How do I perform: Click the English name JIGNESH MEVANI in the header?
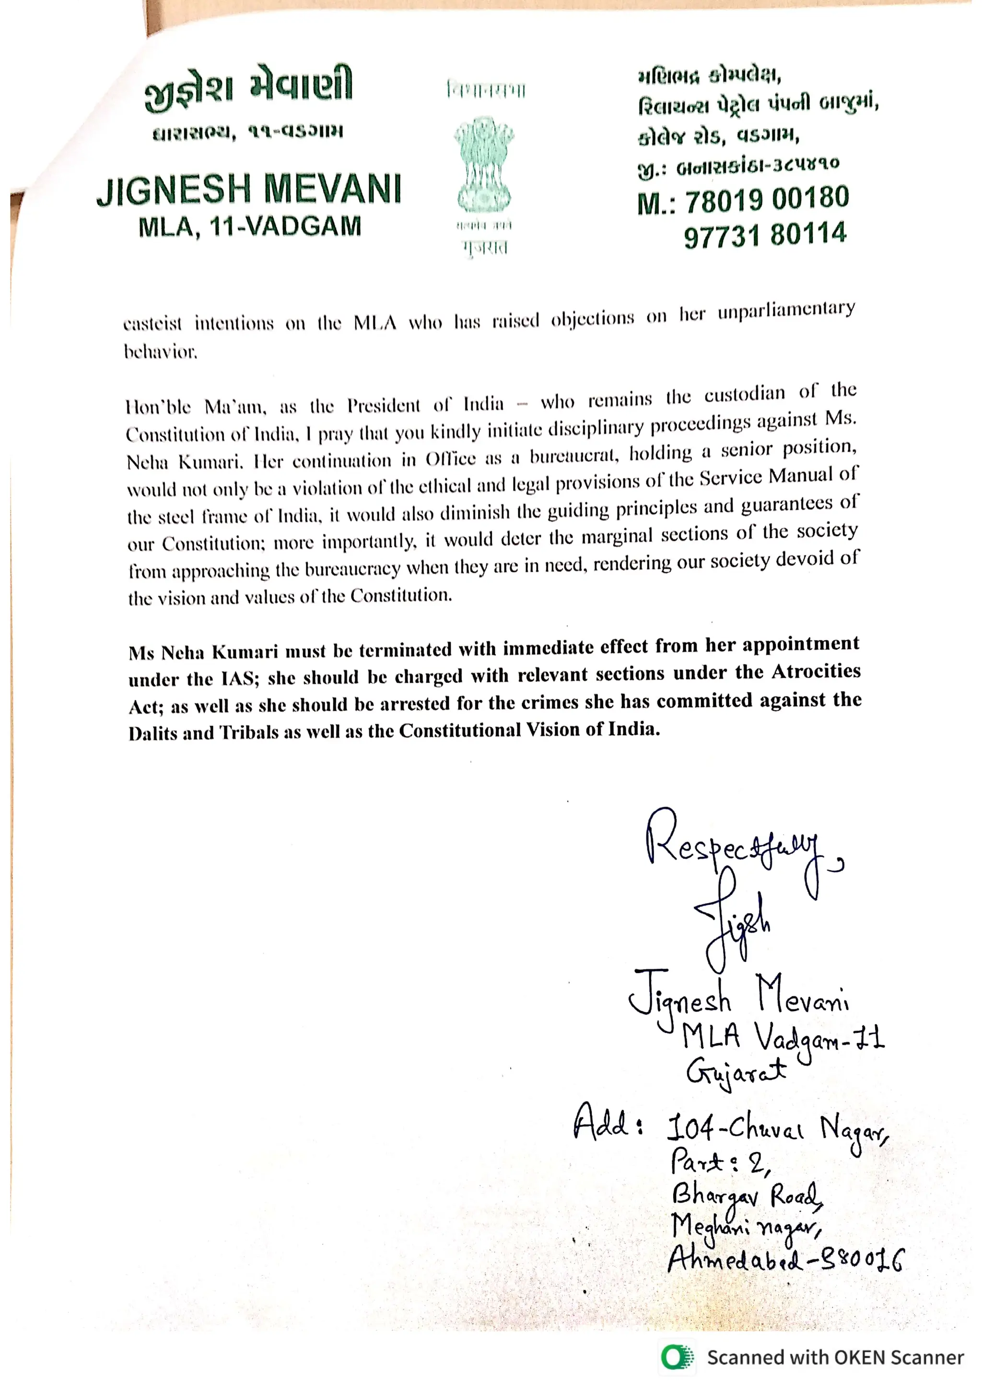pos(249,189)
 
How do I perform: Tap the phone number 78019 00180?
pos(767,200)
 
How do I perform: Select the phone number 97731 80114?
pos(765,235)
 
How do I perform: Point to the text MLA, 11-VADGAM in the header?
pos(249,227)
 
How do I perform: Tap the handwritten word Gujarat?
pos(735,1073)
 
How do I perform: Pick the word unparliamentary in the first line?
pos(786,311)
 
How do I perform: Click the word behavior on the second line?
pos(160,351)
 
